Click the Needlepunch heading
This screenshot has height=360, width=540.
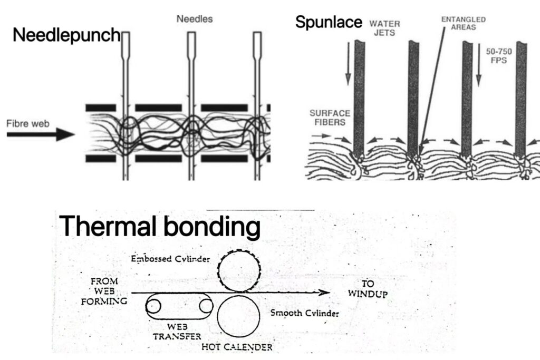pyautogui.click(x=66, y=36)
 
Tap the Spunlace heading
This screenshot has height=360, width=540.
pyautogui.click(x=328, y=22)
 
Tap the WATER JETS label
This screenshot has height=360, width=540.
pyautogui.click(x=384, y=27)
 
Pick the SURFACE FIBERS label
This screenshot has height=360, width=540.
pyautogui.click(x=327, y=117)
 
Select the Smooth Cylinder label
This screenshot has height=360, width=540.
pyautogui.click(x=304, y=313)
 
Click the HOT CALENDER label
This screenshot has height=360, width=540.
pyautogui.click(x=237, y=347)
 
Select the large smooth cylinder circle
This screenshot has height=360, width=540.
pyautogui.click(x=240, y=315)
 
